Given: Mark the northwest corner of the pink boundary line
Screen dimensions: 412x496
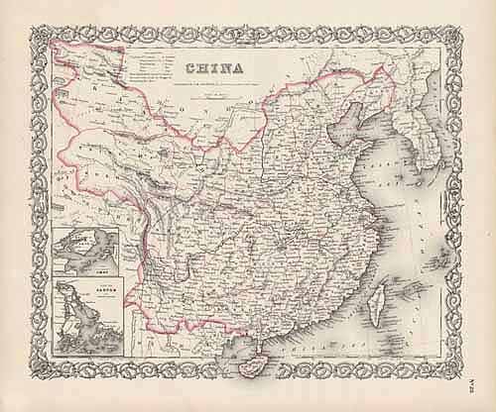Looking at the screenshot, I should (x=56, y=46).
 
